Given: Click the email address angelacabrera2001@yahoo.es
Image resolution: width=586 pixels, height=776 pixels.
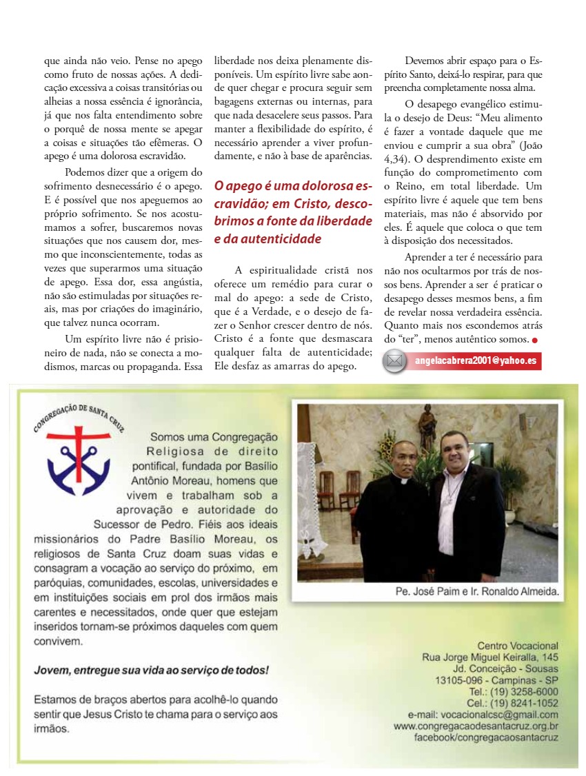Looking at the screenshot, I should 476,360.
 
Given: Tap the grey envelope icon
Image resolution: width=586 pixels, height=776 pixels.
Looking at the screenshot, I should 395,360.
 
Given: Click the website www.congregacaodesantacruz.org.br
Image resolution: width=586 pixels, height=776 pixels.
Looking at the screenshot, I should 476,726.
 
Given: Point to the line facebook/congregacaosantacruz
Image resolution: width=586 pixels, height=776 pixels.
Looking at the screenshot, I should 486,737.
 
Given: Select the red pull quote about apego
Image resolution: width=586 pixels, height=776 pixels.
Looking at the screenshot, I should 292,212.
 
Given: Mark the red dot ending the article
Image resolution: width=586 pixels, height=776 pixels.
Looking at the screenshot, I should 535,340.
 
